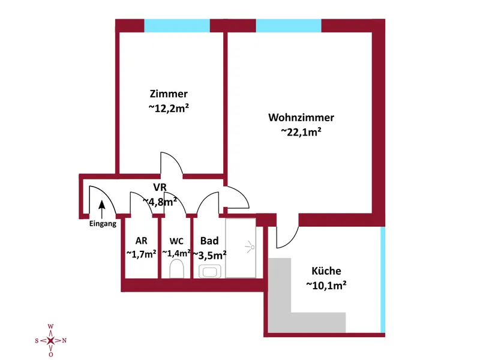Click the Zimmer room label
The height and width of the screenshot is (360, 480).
169,94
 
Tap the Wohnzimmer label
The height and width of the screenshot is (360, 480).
301,118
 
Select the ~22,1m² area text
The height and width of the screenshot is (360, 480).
301,133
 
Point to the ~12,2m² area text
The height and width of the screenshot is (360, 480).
169,109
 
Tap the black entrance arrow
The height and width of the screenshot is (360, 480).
101,208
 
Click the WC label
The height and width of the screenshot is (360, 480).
176,241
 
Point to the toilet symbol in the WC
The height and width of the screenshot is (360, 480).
176,268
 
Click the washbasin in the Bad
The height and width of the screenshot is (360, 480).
211,271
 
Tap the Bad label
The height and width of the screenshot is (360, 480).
209,241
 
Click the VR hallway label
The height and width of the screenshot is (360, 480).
160,187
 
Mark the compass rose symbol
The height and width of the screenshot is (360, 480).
51,341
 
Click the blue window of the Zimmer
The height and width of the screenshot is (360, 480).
177,25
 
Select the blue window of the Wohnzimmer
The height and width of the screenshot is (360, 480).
289,25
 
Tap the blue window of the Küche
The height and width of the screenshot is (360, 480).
383,279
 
